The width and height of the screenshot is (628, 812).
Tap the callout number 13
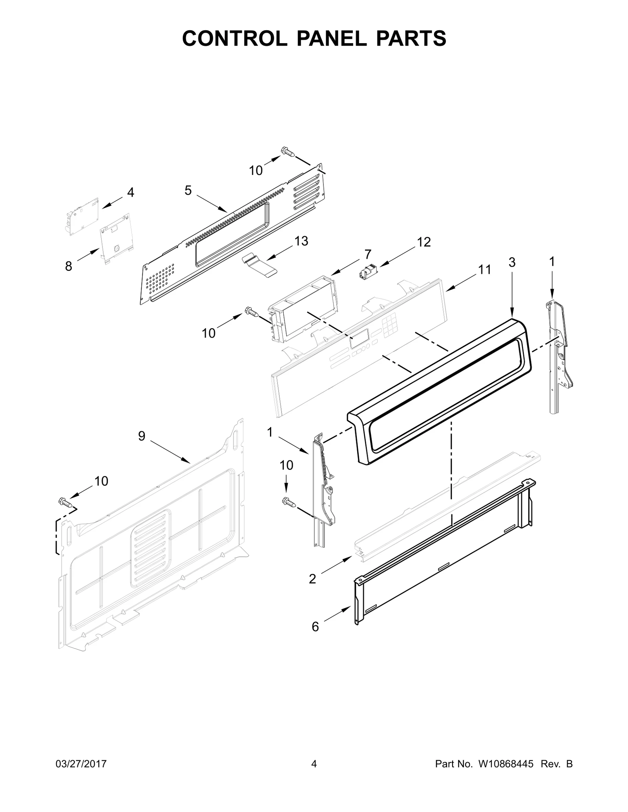301,241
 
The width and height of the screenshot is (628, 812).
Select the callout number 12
424,242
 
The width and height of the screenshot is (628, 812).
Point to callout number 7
367,254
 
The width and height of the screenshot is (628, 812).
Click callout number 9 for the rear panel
142,436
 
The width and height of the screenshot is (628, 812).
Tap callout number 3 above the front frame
512,262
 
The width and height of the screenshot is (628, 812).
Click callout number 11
484,270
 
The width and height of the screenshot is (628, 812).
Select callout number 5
188,191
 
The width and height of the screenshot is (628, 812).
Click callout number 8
69,267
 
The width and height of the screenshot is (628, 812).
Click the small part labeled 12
368,271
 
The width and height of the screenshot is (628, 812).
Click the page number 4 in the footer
314,775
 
